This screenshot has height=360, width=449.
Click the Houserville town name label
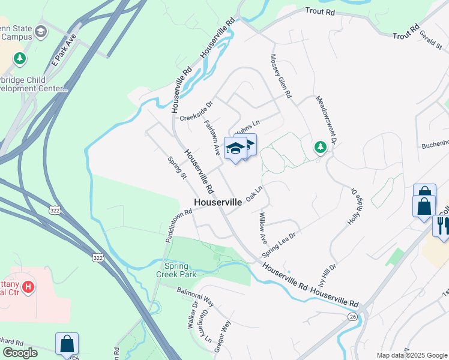[x=218, y=203]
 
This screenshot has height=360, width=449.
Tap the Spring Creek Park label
[x=180, y=270]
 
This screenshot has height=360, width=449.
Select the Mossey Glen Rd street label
[x=280, y=76]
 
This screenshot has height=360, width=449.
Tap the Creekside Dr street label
[x=196, y=110]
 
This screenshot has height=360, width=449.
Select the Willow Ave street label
[x=262, y=228]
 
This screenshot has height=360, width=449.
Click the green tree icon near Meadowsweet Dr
[x=321, y=147]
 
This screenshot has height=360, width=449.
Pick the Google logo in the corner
[x=20, y=353]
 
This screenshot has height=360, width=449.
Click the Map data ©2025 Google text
[x=411, y=355]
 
